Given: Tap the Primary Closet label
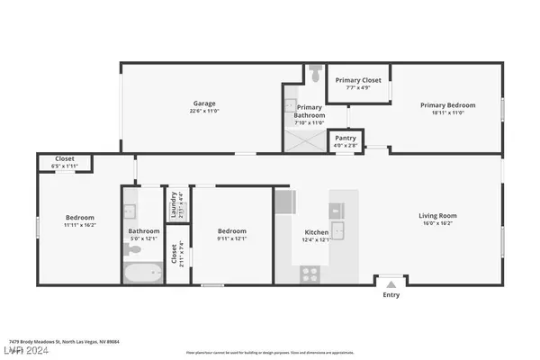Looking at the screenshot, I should point(358,81).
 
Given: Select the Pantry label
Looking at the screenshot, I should point(345,139).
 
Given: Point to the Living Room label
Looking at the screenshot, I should point(438,215).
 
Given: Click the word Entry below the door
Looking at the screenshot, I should point(391,294).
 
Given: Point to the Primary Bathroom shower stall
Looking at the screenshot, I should point(304,139).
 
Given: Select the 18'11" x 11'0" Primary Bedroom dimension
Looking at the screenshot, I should point(445,112).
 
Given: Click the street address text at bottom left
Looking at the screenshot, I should point(64,342).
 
